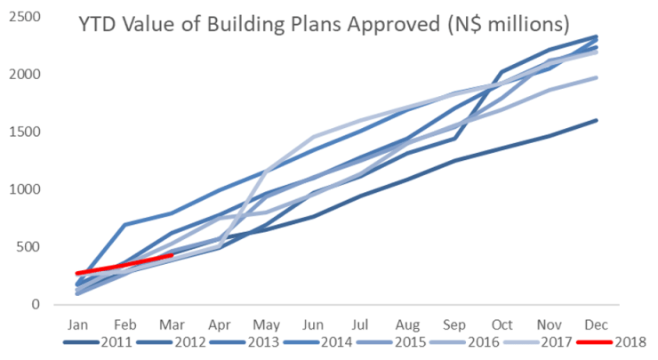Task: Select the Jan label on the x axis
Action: coord(78,323)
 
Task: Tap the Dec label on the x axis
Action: coord(597,323)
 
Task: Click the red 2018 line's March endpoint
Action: coord(173,255)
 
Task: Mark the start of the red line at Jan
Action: coord(78,274)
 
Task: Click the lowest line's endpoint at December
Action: coord(597,120)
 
